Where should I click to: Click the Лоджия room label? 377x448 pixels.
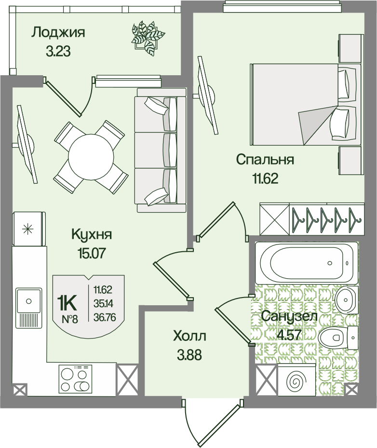click(x=58, y=33)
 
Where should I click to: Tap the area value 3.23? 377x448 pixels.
click(x=58, y=52)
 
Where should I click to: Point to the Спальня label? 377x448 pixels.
click(x=265, y=160)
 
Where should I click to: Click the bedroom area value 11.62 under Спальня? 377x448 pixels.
click(x=265, y=179)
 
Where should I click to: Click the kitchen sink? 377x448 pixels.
click(x=28, y=309)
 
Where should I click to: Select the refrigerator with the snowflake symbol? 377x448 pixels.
click(x=29, y=228)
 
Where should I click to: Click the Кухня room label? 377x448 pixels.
click(x=92, y=234)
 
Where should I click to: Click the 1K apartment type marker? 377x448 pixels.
click(x=67, y=303)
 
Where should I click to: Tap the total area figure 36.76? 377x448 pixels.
click(x=105, y=317)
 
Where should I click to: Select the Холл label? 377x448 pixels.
click(x=189, y=337)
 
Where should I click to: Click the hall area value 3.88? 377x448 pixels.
click(x=189, y=355)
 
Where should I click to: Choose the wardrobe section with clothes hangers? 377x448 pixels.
click(x=327, y=219)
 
